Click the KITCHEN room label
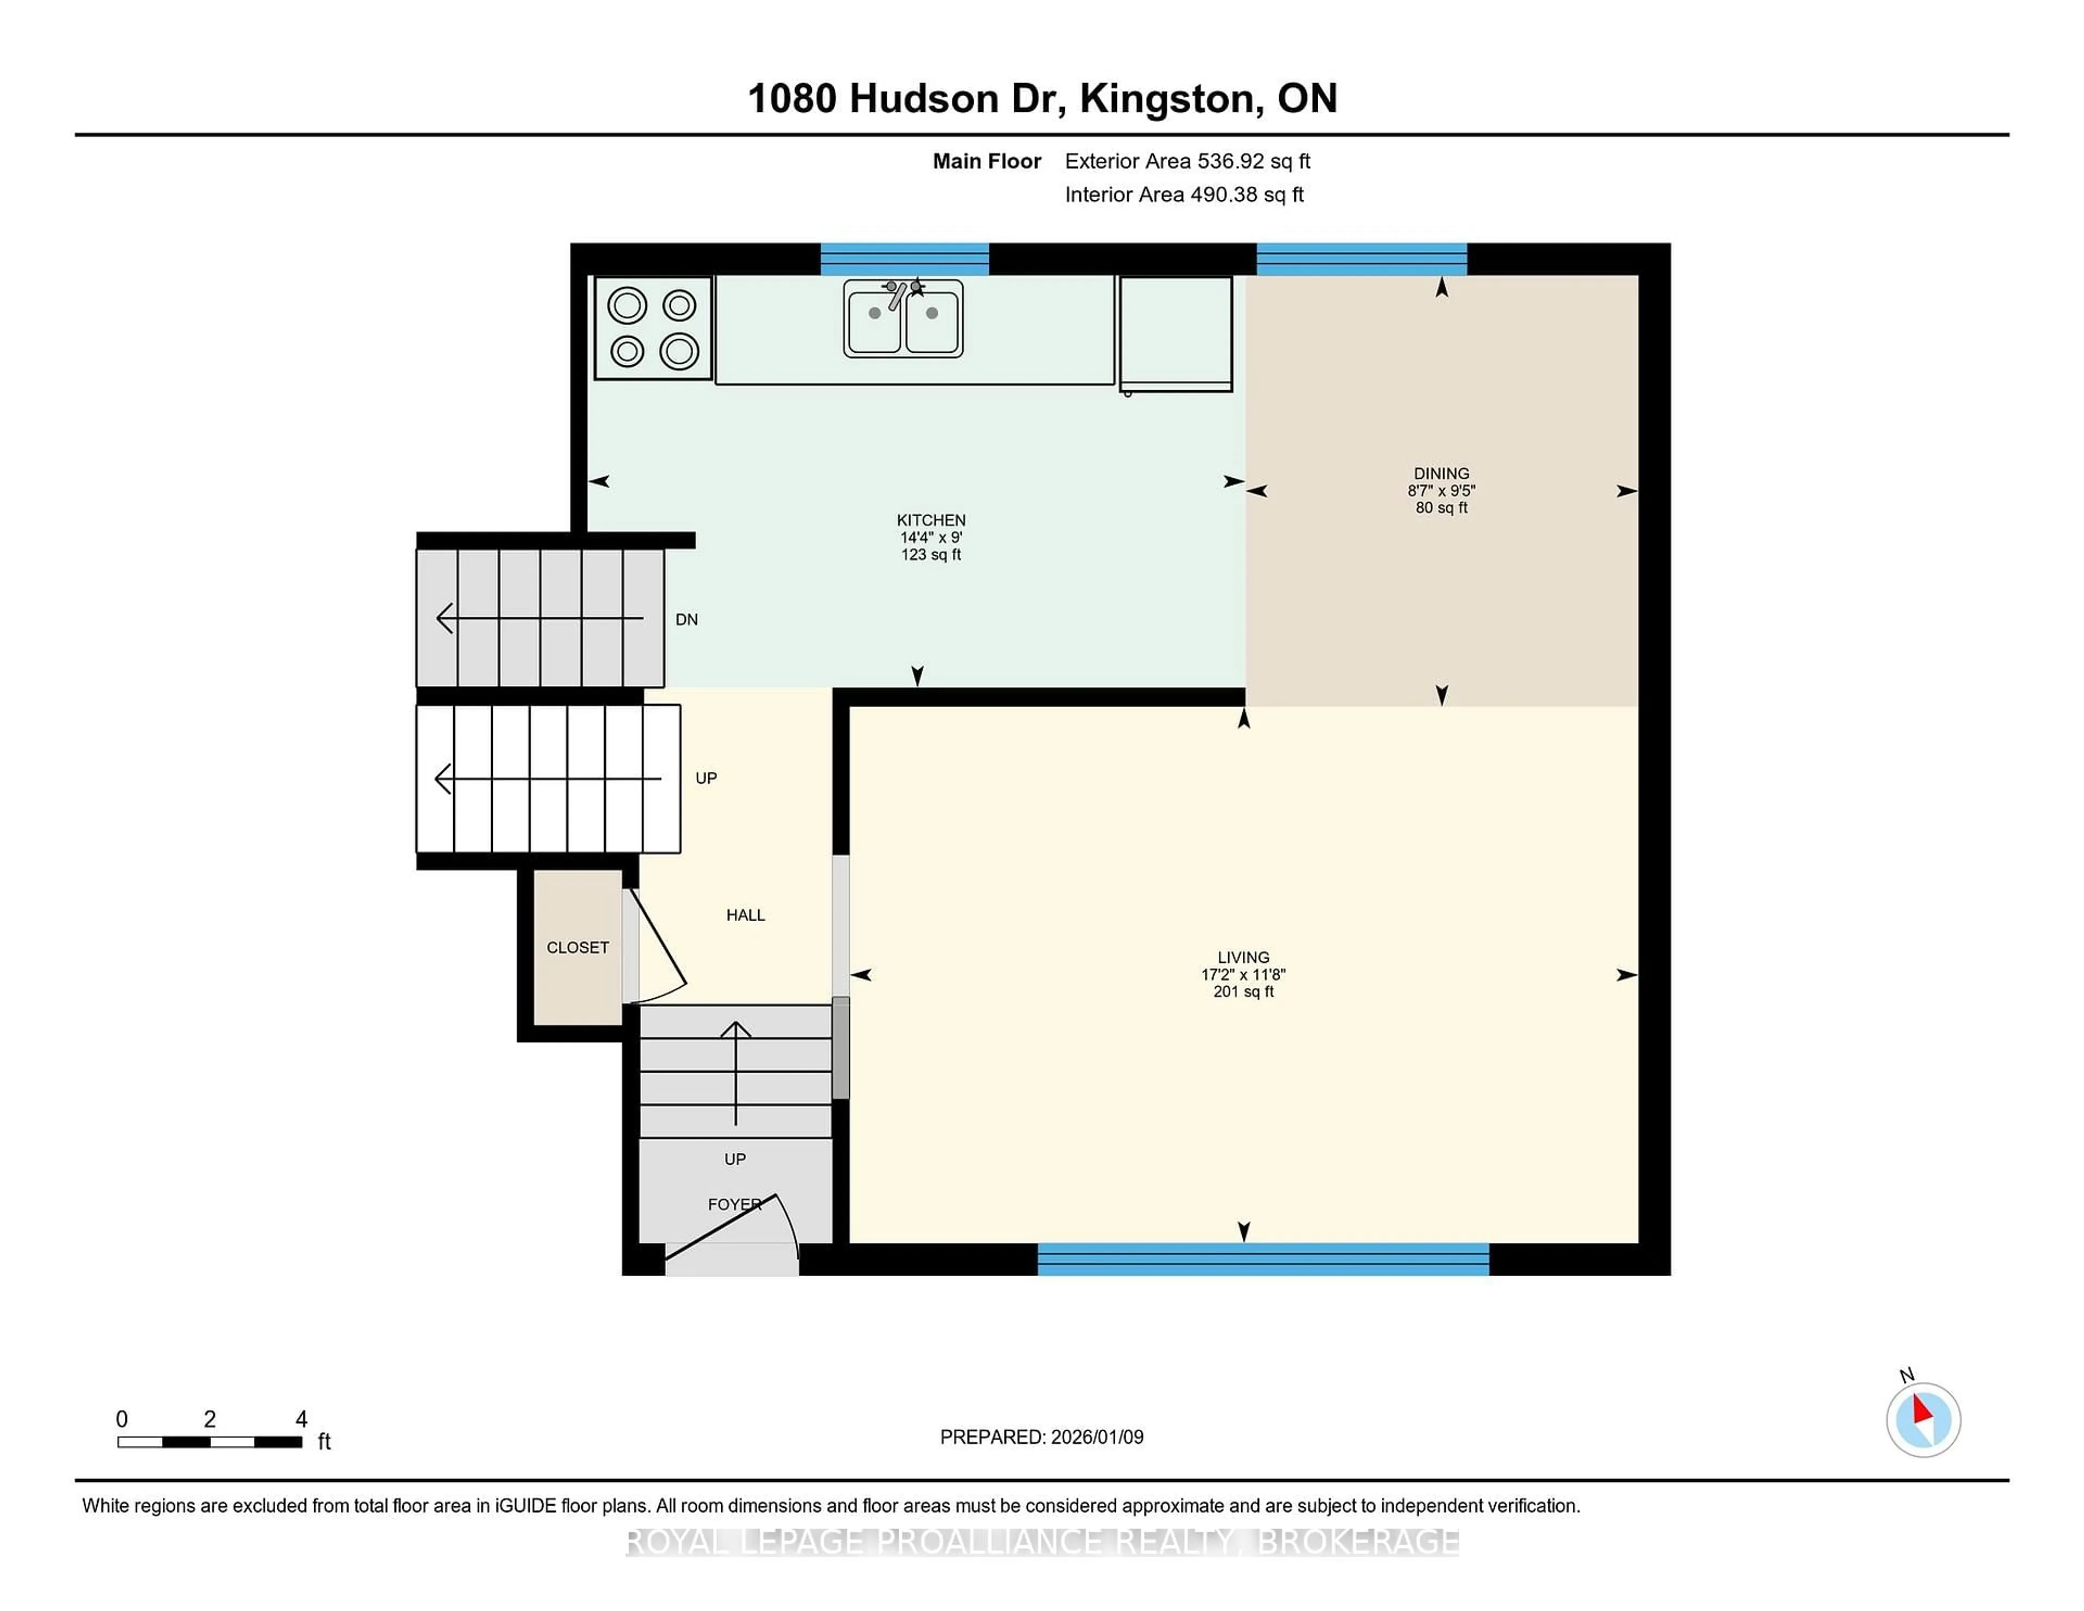pos(930,520)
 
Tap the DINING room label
pos(1441,473)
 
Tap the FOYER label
pos(734,1204)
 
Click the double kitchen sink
pos(903,318)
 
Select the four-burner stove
pos(653,328)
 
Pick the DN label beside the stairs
pos(686,619)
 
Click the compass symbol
pos(1923,1419)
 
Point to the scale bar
pos(210,1441)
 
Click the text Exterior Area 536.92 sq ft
pos(1187,161)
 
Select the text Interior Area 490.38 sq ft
pos(1183,195)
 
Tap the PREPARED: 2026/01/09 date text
pos(1041,1436)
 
